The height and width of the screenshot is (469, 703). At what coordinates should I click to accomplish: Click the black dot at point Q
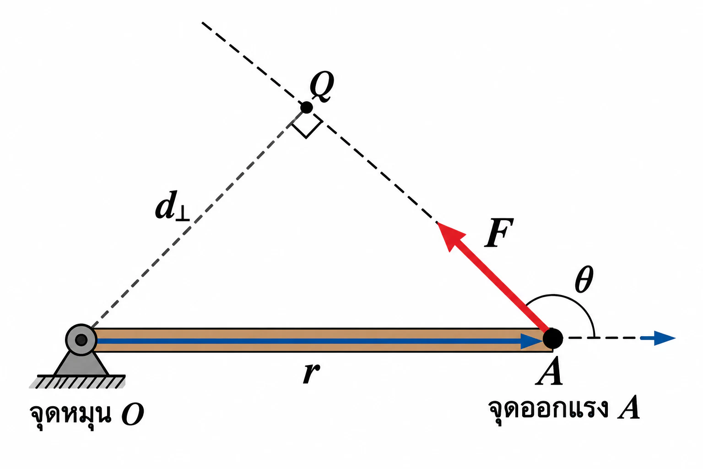pyautogui.click(x=307, y=108)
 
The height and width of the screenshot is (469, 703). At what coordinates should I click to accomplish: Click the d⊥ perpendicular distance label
pyautogui.click(x=172, y=206)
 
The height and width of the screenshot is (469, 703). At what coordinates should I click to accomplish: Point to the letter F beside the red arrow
pyautogui.click(x=499, y=233)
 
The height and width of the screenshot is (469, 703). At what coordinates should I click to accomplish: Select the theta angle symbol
pyautogui.click(x=584, y=279)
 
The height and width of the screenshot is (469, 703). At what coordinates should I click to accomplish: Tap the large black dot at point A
pyautogui.click(x=553, y=338)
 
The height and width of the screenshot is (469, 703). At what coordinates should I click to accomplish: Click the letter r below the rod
pyautogui.click(x=311, y=373)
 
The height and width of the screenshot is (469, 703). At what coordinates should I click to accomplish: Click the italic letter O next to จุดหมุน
pyautogui.click(x=133, y=414)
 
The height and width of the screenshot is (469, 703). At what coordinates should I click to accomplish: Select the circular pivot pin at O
pyautogui.click(x=81, y=339)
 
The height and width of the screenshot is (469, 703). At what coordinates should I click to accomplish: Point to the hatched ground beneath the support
pyautogui.click(x=78, y=382)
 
